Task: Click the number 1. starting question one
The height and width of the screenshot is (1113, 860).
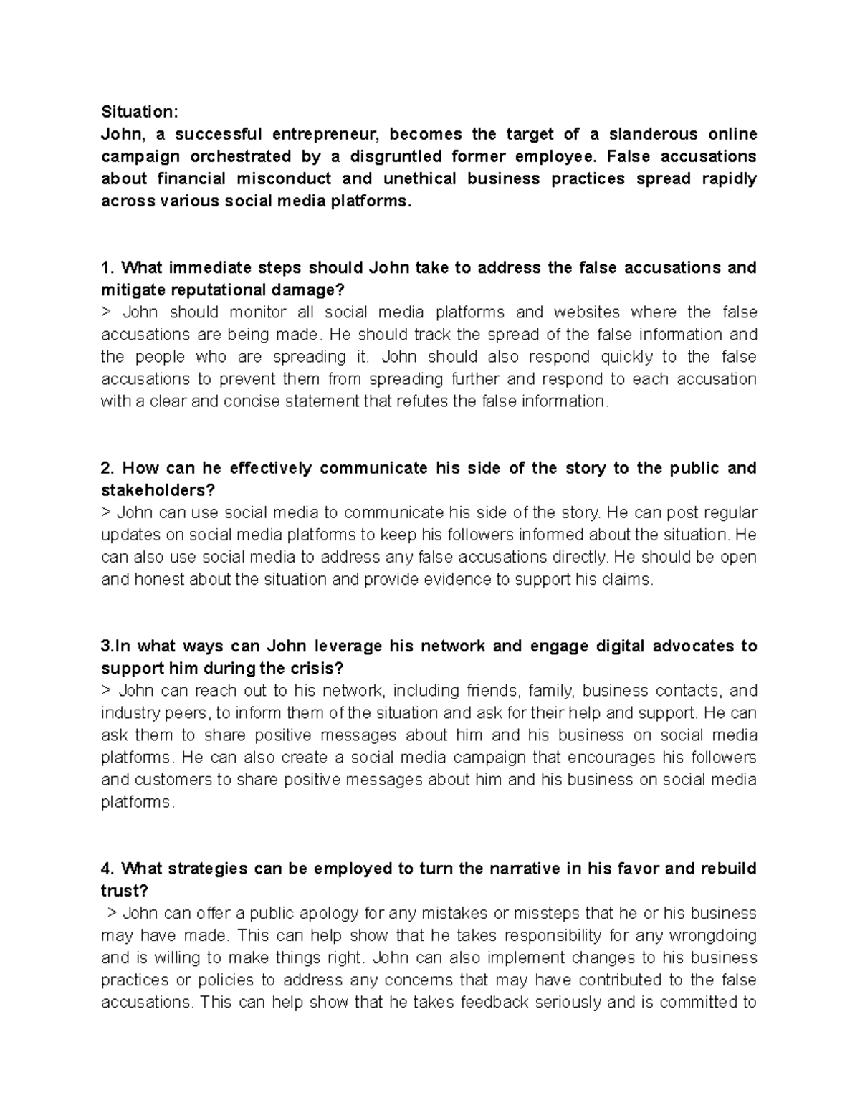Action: click(107, 268)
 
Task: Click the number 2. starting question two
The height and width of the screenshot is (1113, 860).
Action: click(108, 469)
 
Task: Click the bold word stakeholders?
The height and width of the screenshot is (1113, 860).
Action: click(158, 491)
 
